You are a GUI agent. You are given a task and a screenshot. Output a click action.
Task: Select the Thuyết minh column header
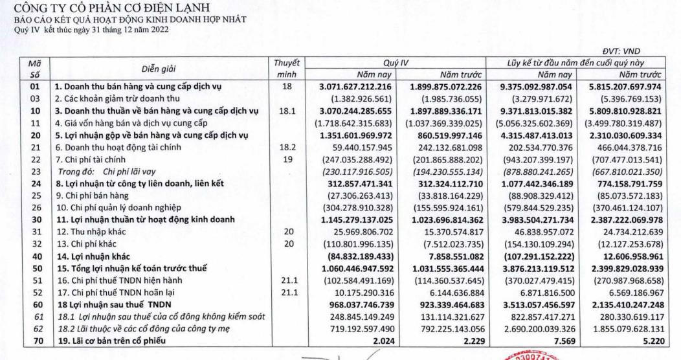(x=285, y=68)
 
